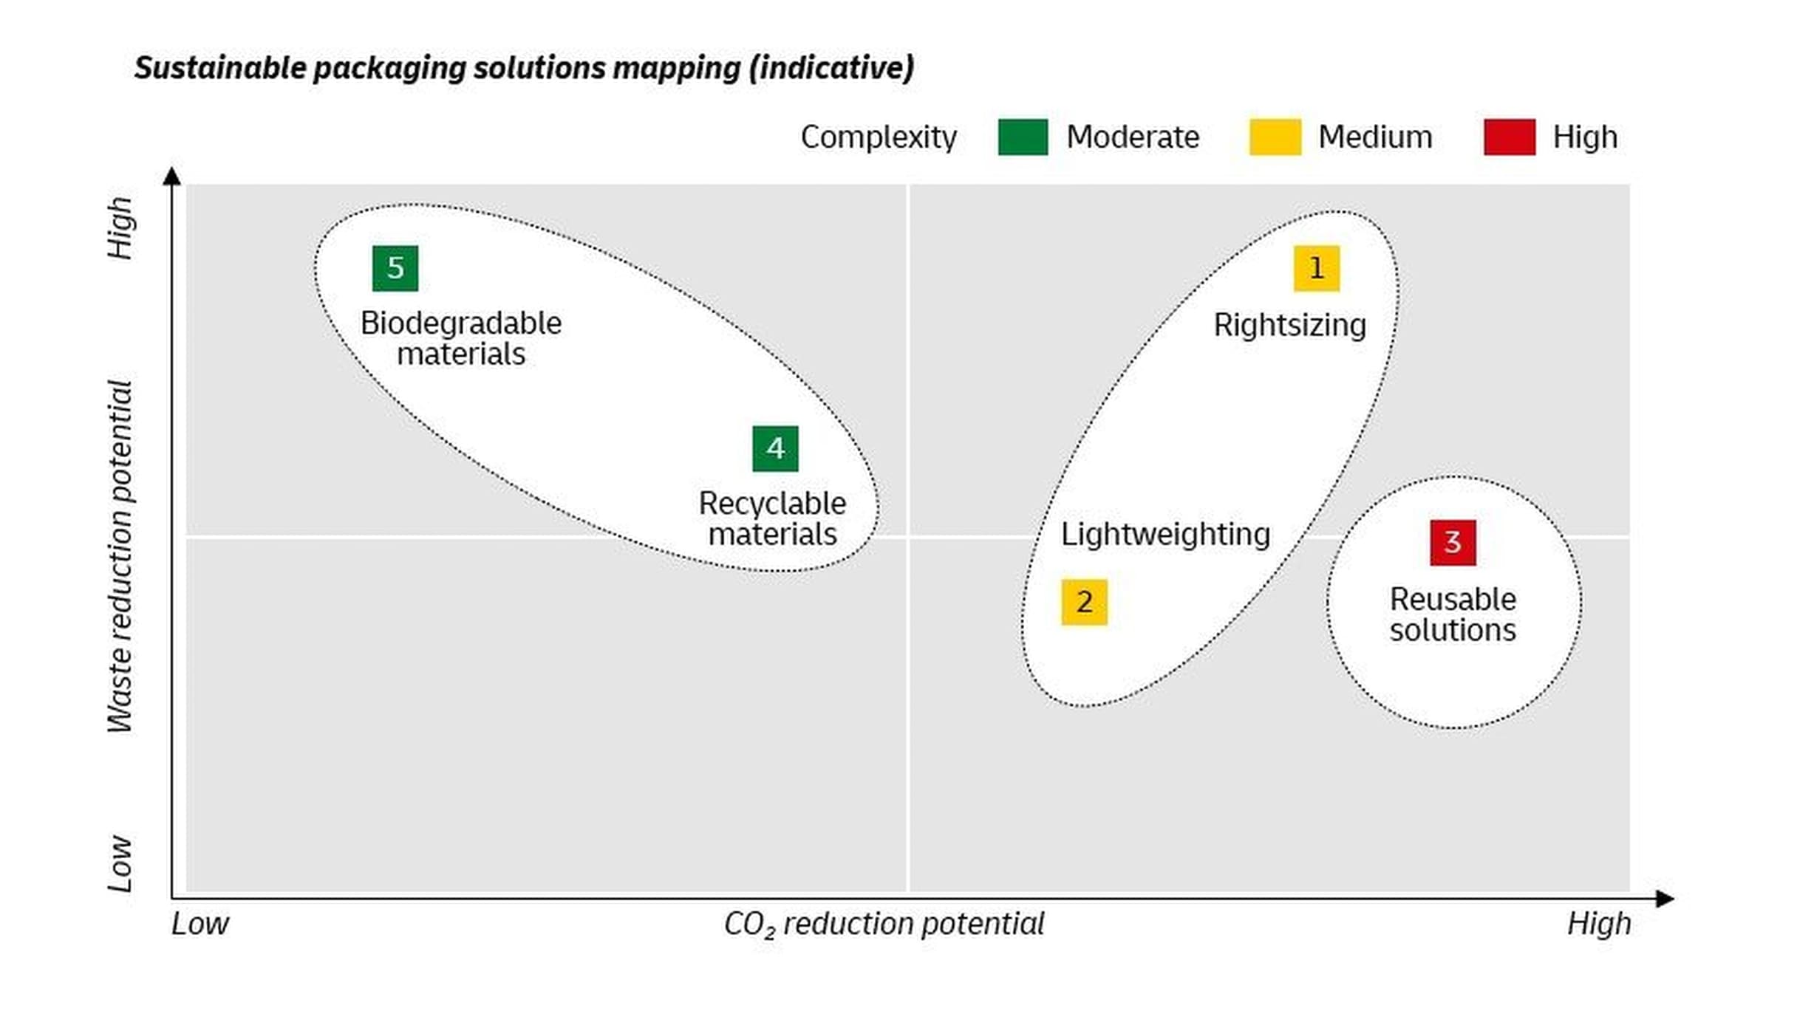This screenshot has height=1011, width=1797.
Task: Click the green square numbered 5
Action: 395,268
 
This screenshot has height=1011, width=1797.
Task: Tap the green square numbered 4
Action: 775,448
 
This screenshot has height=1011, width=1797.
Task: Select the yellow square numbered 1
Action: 1316,268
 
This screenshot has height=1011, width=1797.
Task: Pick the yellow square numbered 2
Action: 1084,602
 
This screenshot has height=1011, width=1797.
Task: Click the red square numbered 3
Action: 1453,543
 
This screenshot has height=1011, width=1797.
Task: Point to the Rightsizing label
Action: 1289,325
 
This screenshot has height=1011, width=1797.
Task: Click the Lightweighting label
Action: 1165,534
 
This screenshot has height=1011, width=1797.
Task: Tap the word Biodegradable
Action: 460,323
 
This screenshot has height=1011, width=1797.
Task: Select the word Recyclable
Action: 772,504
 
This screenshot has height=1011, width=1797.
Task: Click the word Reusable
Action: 1453,599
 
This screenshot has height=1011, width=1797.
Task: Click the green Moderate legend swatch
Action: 1023,137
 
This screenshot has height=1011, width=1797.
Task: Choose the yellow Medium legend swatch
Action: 1275,137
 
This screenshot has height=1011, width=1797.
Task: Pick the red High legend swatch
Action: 1510,137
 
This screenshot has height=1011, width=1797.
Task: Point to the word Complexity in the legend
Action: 878,137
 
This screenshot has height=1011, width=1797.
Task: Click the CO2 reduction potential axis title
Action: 884,924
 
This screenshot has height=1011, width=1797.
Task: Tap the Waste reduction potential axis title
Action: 120,555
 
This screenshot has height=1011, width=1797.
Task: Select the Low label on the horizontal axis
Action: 200,924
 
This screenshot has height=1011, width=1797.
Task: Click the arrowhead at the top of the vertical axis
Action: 171,176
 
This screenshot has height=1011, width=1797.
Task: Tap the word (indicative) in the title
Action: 831,68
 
